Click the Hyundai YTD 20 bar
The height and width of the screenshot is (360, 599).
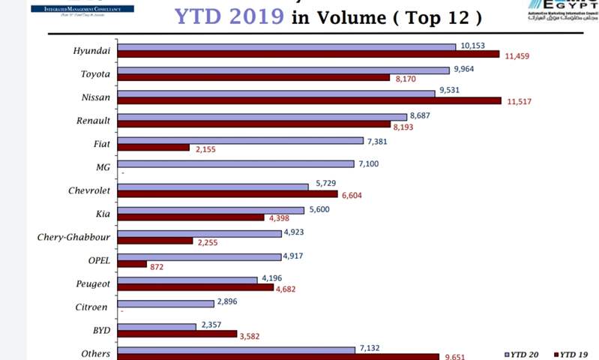tap(286, 46)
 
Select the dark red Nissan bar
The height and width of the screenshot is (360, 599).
tap(309, 100)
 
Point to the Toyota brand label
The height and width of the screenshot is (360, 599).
tap(95, 74)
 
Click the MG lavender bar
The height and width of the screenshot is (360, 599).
tap(235, 163)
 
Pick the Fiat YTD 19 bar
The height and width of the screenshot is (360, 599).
tap(154, 148)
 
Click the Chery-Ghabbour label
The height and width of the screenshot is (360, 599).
tap(73, 238)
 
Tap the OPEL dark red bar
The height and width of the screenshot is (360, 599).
tap(132, 264)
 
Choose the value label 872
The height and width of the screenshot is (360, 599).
tap(157, 267)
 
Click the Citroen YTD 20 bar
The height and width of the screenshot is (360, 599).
tap(166, 304)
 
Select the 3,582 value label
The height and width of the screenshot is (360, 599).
tap(253, 336)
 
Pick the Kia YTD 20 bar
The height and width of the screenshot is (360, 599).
tap(211, 211)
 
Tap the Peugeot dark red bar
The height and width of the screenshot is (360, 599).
tap(196, 287)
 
